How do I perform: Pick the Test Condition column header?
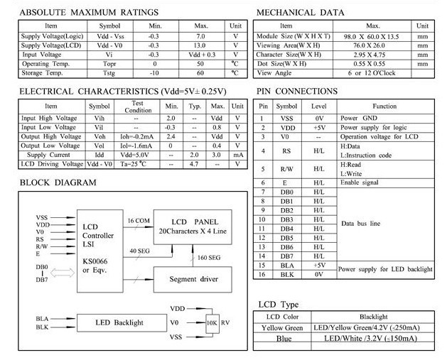coord(138,107)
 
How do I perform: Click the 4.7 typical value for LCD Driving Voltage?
coord(194,163)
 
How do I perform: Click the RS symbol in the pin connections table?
coord(286,151)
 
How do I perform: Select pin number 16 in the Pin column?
coord(262,274)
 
